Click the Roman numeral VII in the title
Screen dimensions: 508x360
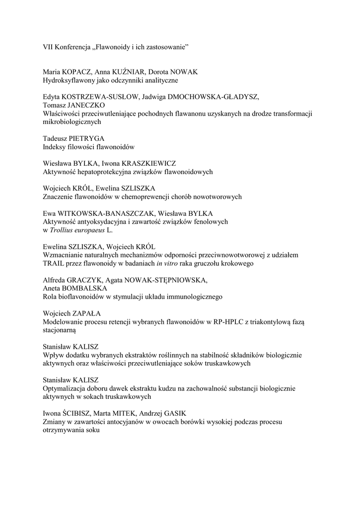click(x=49, y=47)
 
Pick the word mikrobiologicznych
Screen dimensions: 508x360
click(x=72, y=122)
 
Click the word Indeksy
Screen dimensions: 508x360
click(x=55, y=147)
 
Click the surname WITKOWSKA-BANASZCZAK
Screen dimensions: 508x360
click(x=102, y=214)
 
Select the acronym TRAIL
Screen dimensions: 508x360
click(x=54, y=264)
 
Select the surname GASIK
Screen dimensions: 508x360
click(x=179, y=414)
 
